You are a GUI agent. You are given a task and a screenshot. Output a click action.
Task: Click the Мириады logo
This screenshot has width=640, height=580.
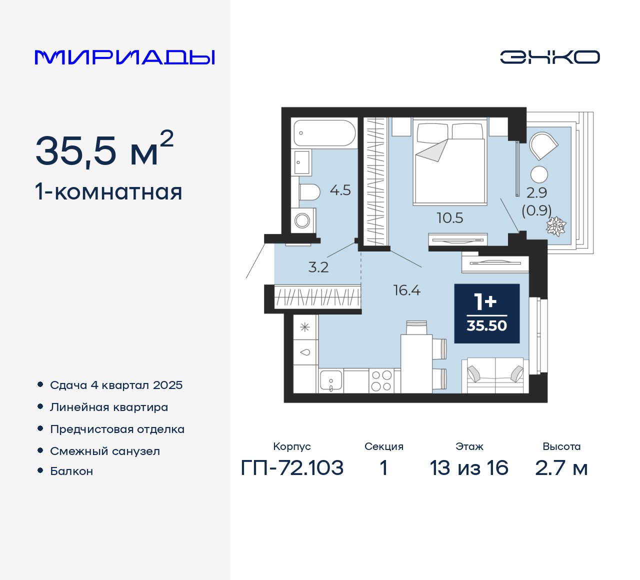[x=124, y=57]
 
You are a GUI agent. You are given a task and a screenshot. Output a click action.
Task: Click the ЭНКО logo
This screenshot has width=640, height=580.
[x=549, y=57]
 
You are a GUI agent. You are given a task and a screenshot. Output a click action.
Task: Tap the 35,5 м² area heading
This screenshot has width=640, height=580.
[x=104, y=150]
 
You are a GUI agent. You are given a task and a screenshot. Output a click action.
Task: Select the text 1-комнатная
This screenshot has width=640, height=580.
[x=108, y=192]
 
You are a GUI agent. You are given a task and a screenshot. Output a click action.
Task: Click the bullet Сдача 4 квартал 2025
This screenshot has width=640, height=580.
[x=116, y=385]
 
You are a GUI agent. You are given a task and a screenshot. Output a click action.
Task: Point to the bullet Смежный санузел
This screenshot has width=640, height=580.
[x=105, y=451]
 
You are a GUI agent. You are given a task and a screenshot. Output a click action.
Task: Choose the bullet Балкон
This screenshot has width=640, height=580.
[x=71, y=471]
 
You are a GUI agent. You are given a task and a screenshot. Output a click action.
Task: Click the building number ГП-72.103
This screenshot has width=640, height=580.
[x=292, y=468]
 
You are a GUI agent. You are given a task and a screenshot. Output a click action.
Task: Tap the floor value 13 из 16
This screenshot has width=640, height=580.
[x=469, y=468]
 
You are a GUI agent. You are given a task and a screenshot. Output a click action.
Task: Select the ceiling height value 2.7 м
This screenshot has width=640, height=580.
[x=561, y=468]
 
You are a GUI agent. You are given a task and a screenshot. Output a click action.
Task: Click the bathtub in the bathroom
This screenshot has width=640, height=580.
[x=324, y=133]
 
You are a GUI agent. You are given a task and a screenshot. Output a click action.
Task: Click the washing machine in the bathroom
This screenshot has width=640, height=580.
[x=302, y=220]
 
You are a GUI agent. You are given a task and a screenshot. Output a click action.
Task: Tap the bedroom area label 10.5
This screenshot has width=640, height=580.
[x=449, y=218]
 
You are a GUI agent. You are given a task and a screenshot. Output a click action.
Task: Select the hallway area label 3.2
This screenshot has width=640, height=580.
[x=318, y=267]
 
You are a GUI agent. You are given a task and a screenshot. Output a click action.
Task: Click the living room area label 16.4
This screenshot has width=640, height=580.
[x=406, y=290]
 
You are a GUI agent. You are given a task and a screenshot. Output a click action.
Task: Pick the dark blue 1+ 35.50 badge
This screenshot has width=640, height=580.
[x=486, y=313]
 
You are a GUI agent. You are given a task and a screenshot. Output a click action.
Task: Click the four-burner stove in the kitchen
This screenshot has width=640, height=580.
[x=381, y=381]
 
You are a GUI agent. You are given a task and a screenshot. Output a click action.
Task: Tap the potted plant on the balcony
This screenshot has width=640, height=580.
[x=555, y=226]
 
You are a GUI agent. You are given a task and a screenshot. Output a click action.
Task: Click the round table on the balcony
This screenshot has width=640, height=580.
[x=539, y=174]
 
